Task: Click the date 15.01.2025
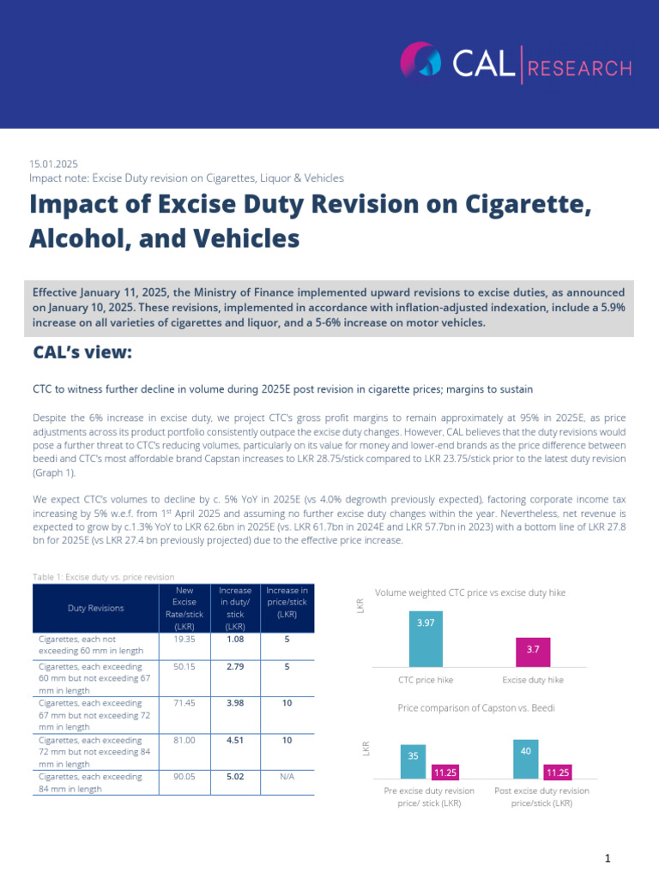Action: tap(54, 163)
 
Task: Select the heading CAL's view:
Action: tap(82, 353)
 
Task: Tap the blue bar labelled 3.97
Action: tap(426, 639)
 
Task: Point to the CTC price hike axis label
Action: tap(426, 679)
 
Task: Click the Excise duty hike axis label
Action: tap(533, 679)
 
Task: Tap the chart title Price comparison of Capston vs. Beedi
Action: tap(481, 708)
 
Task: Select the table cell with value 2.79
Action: tap(235, 666)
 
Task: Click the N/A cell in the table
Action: tap(287, 777)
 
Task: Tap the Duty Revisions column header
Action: tap(96, 608)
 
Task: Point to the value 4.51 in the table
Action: tap(235, 740)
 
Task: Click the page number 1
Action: tap(607, 858)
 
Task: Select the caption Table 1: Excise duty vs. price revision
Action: tap(102, 577)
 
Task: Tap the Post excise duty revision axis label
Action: tap(541, 797)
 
